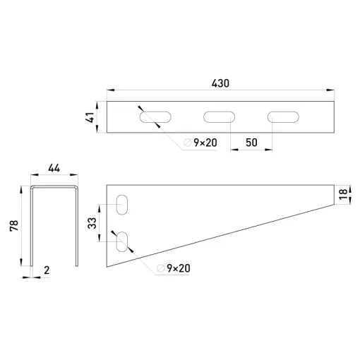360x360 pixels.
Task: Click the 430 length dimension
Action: coord(220,83)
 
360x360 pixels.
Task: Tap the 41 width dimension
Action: coord(90,117)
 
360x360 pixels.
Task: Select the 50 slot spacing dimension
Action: coord(251,143)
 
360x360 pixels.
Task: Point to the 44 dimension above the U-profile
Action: coord(54,168)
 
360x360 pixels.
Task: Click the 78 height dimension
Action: coord(14,225)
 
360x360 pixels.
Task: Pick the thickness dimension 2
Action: coord(47,270)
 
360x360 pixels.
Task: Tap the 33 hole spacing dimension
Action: coord(92,223)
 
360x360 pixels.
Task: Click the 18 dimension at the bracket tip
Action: coord(343,194)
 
